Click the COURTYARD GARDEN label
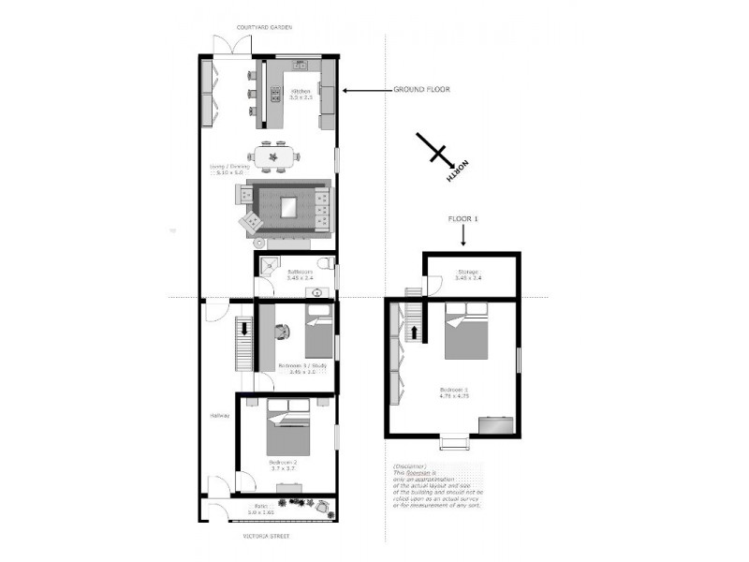point(264,27)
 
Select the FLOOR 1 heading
point(463,218)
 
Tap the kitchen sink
point(300,65)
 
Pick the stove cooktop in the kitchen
point(275,93)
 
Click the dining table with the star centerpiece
point(274,155)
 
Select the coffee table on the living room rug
point(288,206)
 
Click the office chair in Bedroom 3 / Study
point(282,329)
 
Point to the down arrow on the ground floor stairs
point(245,329)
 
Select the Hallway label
point(219,416)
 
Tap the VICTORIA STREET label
point(265,536)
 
